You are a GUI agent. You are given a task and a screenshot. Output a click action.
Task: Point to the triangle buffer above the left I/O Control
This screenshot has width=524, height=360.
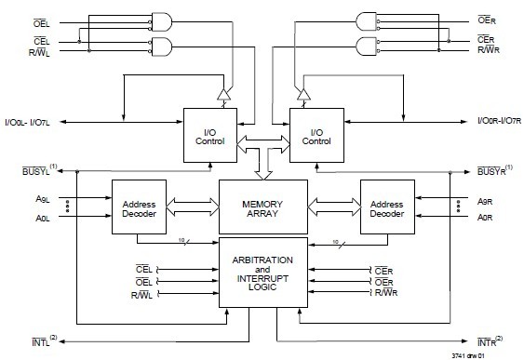[224, 94]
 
